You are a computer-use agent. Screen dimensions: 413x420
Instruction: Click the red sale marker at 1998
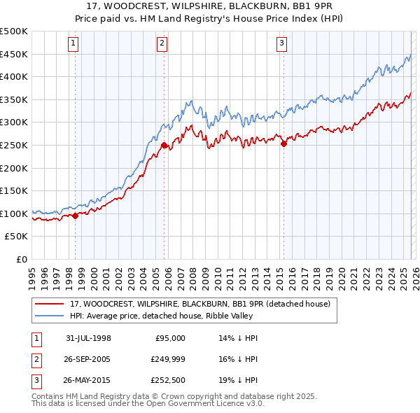[76, 216]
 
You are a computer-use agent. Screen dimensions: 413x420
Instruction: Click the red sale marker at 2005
[164, 146]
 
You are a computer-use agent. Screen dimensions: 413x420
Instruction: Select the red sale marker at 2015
[283, 144]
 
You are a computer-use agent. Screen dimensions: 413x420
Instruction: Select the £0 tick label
[22, 259]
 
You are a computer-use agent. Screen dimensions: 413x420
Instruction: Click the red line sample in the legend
[49, 304]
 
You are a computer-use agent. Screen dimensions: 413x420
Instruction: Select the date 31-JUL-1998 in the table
[88, 338]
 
